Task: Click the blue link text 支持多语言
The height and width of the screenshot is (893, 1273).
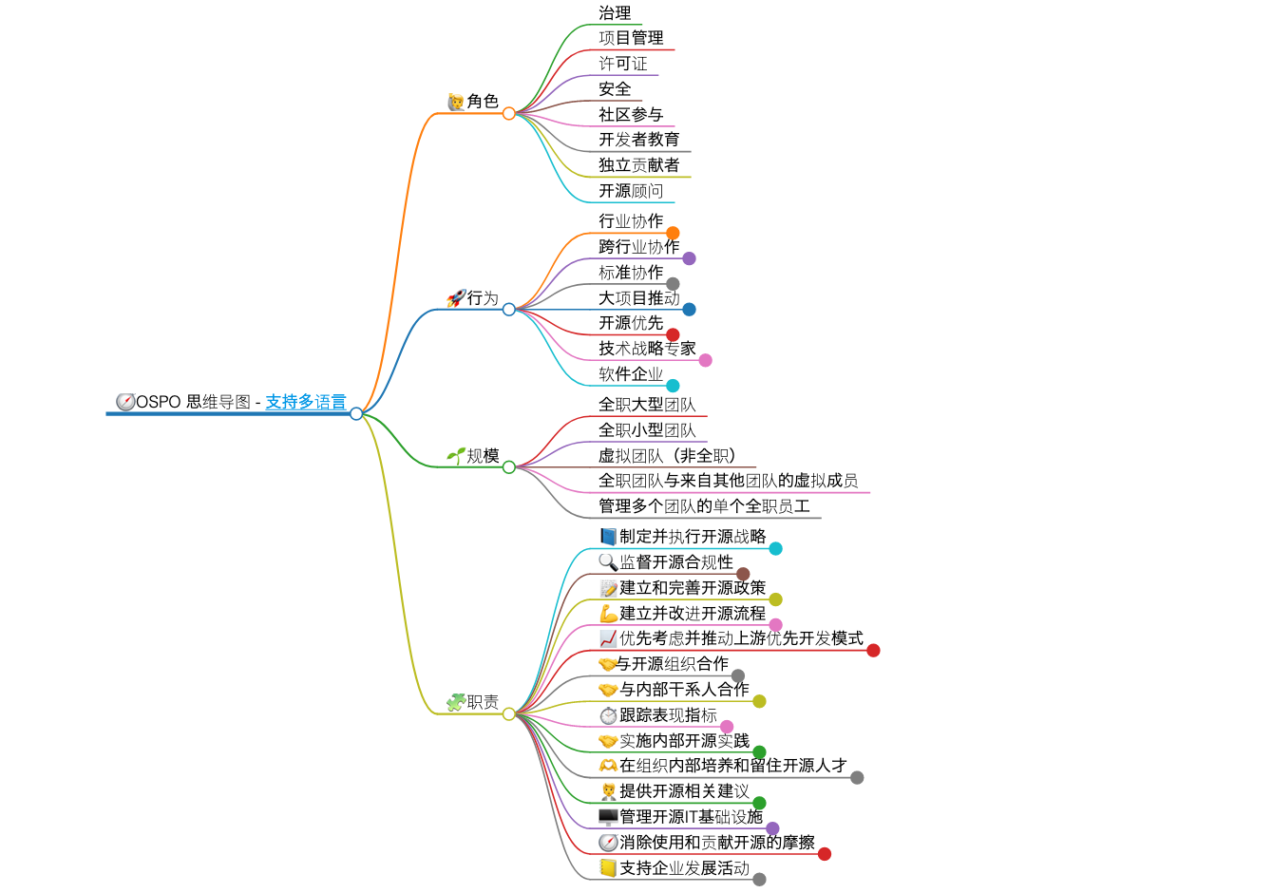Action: pos(305,402)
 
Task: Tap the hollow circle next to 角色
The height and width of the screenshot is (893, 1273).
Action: pos(509,113)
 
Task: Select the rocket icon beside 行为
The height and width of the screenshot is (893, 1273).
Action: pos(455,298)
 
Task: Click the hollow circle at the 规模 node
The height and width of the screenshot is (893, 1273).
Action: pos(509,467)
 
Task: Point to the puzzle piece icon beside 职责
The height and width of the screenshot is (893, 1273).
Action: pos(456,702)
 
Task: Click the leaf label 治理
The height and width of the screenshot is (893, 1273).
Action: pos(615,13)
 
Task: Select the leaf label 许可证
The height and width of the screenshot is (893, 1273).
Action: pos(622,64)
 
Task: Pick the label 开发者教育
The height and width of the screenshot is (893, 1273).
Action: pos(638,140)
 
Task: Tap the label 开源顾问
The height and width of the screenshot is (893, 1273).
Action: pos(631,191)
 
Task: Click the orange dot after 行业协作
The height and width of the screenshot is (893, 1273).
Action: pos(673,233)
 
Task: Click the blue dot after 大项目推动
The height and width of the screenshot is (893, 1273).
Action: pos(689,309)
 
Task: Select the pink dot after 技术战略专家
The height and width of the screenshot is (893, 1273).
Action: pos(705,360)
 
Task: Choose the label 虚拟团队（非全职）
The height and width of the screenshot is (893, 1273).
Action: pos(667,456)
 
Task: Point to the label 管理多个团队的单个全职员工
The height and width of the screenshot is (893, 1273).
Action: pos(704,506)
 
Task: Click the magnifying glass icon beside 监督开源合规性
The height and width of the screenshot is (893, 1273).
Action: pos(608,562)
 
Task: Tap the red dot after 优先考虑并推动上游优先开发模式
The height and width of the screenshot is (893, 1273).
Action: pos(873,651)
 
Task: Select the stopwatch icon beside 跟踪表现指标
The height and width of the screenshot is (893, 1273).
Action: pos(608,715)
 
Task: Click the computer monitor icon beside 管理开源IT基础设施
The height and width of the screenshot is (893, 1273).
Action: pos(608,817)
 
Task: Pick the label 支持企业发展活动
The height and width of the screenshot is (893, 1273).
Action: pos(684,868)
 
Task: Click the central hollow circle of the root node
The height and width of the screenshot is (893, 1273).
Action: pos(356,413)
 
